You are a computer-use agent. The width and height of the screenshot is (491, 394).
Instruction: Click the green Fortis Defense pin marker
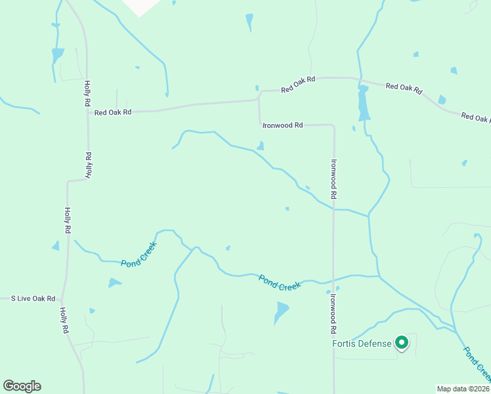coord(402,342)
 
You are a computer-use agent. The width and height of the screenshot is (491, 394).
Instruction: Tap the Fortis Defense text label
coord(362,343)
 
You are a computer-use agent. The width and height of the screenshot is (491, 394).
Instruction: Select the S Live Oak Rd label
coord(33,299)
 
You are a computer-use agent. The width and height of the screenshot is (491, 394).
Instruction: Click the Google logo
coord(22,386)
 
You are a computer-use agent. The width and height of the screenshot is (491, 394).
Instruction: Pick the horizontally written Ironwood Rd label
coord(282,125)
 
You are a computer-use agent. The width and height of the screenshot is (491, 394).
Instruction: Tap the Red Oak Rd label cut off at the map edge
coord(476,118)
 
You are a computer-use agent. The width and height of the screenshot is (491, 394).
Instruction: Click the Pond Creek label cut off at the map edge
coord(478,364)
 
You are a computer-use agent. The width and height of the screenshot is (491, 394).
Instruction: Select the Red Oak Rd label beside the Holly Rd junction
coord(113,112)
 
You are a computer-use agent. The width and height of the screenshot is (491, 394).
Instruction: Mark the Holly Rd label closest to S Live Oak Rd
coord(64,319)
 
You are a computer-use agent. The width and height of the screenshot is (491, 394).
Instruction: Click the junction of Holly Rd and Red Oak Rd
coord(88,112)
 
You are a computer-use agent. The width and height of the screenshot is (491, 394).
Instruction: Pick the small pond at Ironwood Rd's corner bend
coord(261,146)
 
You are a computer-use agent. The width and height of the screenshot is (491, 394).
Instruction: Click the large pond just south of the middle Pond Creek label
coord(281,311)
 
